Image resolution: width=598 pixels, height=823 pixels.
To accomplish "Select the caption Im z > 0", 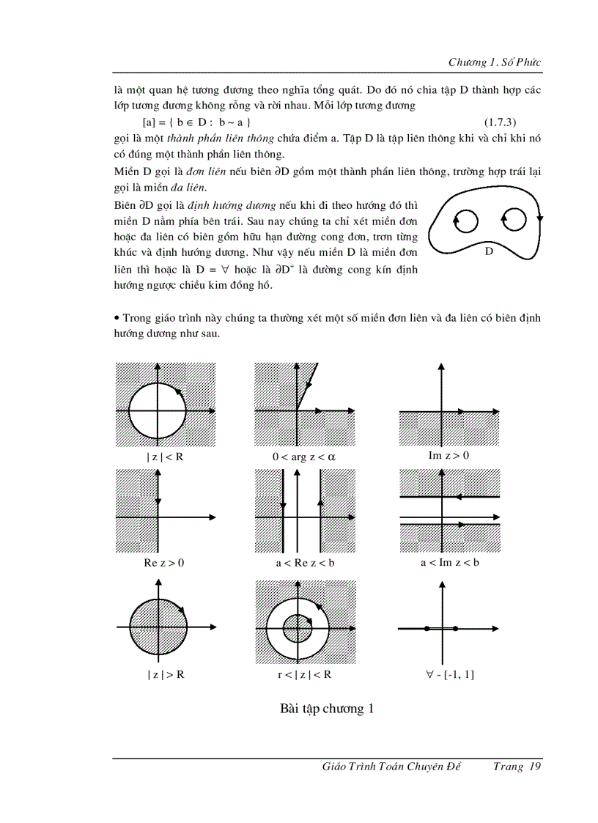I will [448, 455].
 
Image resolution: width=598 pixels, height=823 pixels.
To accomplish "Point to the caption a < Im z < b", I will [449, 563].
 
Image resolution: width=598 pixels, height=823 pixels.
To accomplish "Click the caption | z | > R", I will [165, 674].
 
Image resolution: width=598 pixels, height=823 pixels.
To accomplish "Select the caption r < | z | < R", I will [304, 674].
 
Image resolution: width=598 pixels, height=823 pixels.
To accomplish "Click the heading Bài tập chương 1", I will [327, 709].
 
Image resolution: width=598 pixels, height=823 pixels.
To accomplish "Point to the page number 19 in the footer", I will [534, 767].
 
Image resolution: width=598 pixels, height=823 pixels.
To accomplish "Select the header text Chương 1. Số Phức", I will [495, 62].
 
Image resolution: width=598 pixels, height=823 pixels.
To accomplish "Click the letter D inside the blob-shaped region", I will [489, 251].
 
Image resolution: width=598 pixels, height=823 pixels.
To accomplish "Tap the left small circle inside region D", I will [467, 220].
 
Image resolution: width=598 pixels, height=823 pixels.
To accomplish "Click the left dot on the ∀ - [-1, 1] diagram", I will [427, 628].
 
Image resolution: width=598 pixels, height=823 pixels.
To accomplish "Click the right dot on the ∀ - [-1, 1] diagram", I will [456, 628].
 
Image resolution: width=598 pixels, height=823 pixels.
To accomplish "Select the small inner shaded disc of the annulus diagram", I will [298, 627].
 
